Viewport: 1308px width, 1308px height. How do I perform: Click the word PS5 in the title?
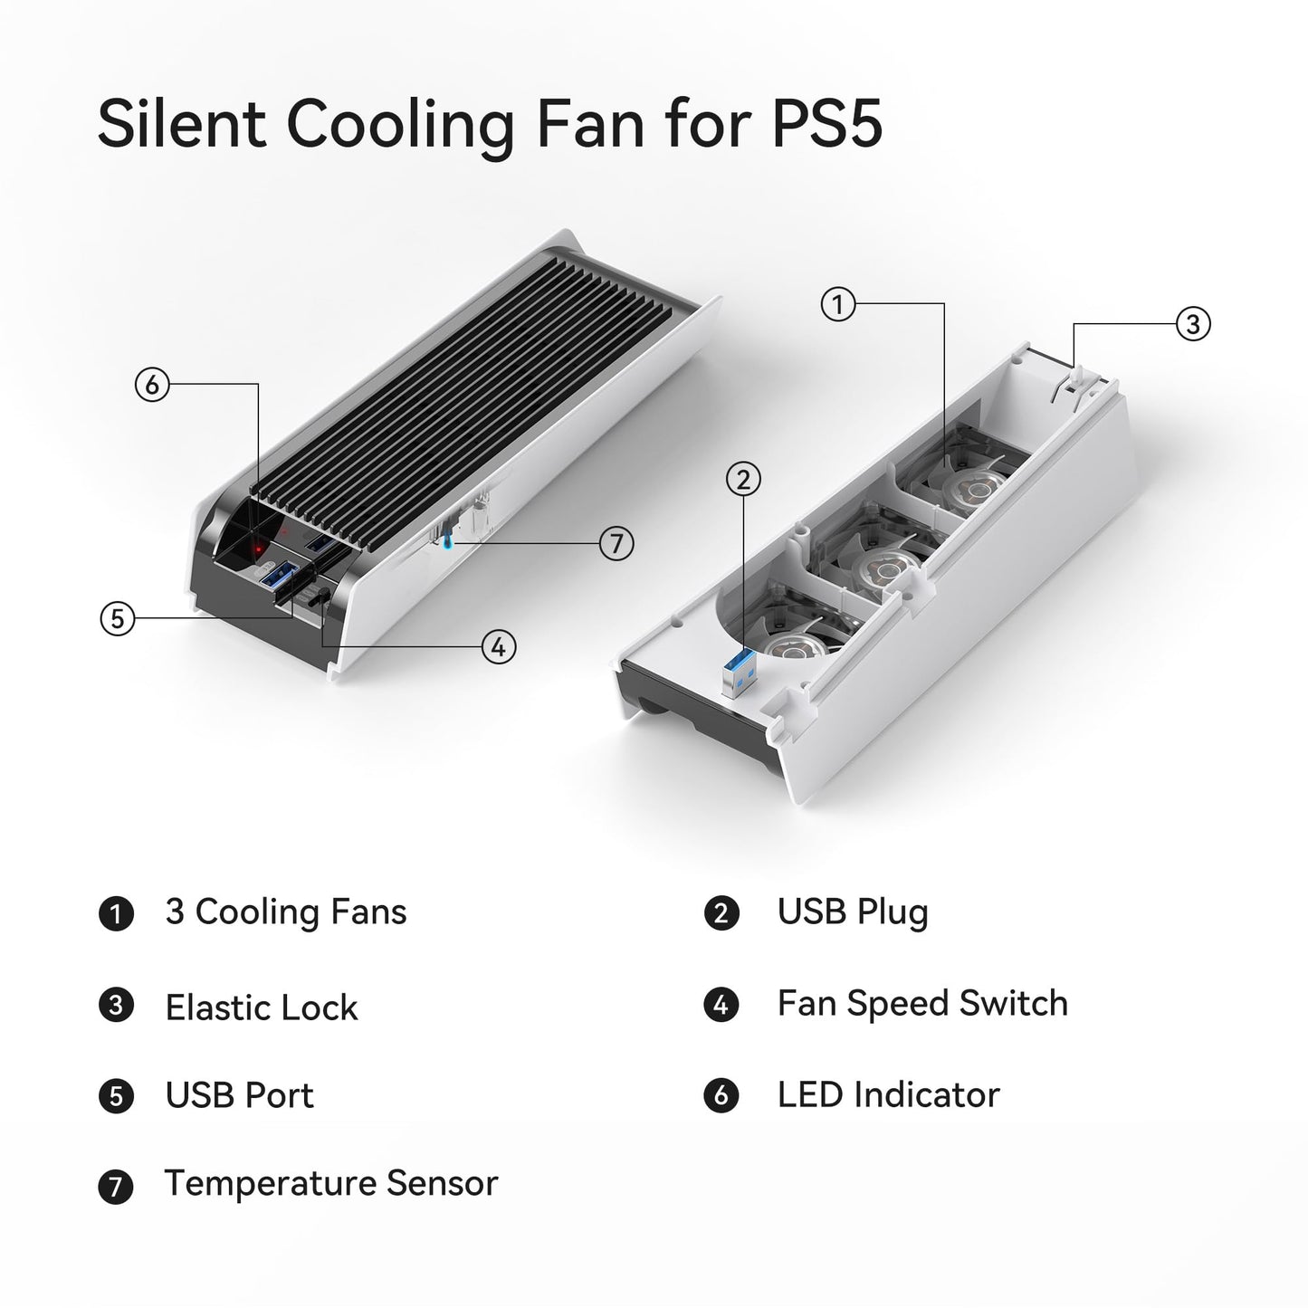click(827, 123)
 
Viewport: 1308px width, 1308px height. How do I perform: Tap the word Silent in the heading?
click(181, 123)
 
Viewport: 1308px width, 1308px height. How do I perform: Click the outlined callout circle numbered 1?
click(838, 305)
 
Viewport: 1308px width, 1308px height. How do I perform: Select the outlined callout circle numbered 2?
click(743, 480)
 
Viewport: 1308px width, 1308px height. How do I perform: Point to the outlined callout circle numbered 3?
click(1193, 324)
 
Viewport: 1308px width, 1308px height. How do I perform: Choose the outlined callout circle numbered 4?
click(499, 647)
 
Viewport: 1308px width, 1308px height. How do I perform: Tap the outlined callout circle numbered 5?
click(118, 618)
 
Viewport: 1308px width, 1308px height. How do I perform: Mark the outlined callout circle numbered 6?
click(152, 384)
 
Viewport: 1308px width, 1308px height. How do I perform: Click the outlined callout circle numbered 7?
click(616, 543)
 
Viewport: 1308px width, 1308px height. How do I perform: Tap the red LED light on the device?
click(257, 548)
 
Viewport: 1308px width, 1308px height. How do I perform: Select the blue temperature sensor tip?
click(445, 541)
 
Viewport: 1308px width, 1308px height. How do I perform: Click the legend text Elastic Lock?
click(262, 1007)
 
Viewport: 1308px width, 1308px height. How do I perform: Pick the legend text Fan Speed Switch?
click(922, 1004)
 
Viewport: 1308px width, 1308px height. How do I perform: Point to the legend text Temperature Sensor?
click(331, 1184)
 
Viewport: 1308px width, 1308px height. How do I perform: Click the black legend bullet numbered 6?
click(721, 1095)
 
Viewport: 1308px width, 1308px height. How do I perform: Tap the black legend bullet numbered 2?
click(721, 913)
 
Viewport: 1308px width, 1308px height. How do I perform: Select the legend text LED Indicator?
click(889, 1095)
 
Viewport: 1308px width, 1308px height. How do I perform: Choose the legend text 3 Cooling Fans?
click(286, 912)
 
